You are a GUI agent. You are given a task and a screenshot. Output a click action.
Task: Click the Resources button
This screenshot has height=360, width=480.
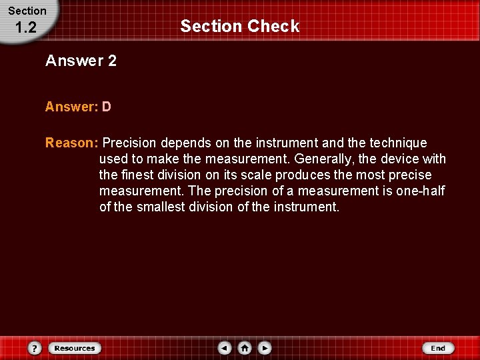pos(74,348)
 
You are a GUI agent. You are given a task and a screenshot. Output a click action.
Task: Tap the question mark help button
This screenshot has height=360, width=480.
pos(35,348)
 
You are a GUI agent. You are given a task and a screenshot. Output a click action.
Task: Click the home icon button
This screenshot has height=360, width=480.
pos(245,348)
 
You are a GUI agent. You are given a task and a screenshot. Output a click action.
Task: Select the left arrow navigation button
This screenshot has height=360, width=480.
pos(225,348)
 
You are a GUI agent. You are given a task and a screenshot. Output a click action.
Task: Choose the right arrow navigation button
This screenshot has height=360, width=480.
pos(265,348)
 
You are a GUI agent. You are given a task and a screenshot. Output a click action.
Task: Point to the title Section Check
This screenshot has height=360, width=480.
pos(240,26)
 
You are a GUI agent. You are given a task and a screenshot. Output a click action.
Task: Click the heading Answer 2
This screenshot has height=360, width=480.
pos(81,61)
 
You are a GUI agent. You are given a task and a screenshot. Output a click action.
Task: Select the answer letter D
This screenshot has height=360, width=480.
pos(107,107)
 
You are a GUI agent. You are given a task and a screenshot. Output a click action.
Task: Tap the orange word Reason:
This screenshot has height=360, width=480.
pos(72,143)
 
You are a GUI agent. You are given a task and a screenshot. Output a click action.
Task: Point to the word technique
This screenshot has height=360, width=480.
pos(398,143)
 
